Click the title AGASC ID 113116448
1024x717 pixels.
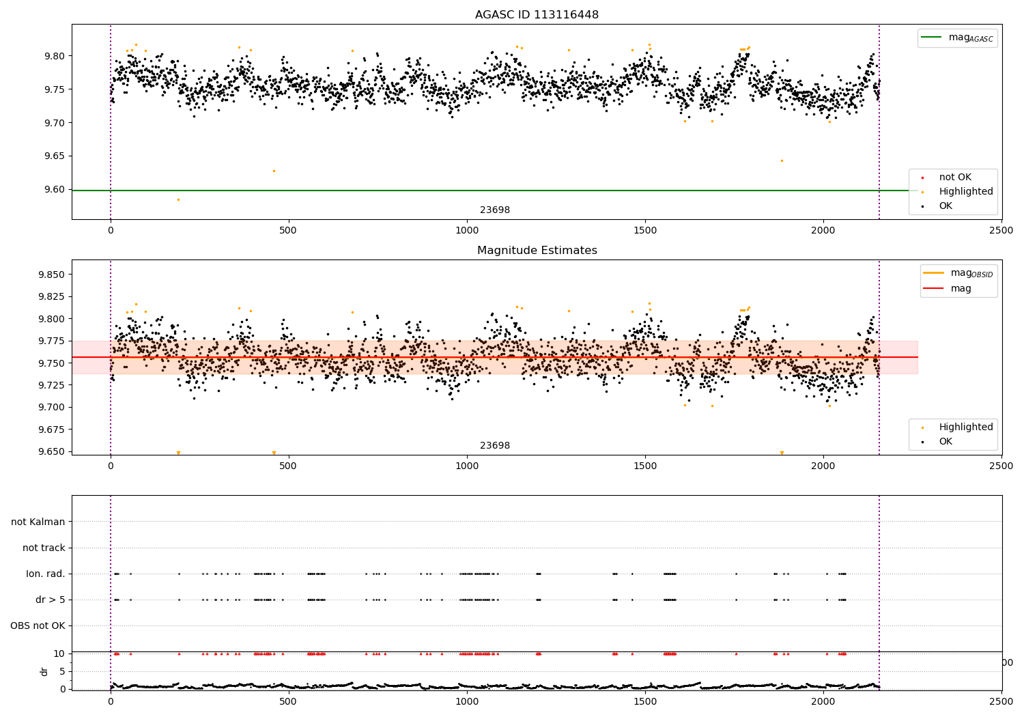(537, 15)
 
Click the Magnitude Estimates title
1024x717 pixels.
(537, 251)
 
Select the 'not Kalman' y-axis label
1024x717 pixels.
(38, 522)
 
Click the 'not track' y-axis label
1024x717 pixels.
(44, 548)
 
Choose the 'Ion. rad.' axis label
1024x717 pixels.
(46, 574)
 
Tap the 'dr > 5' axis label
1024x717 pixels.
(51, 600)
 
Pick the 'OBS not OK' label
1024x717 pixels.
(38, 625)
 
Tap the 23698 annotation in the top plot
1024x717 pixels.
(495, 210)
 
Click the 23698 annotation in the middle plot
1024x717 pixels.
(495, 446)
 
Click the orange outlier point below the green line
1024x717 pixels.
(178, 199)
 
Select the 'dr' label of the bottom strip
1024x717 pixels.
(44, 671)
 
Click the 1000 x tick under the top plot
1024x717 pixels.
(467, 231)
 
